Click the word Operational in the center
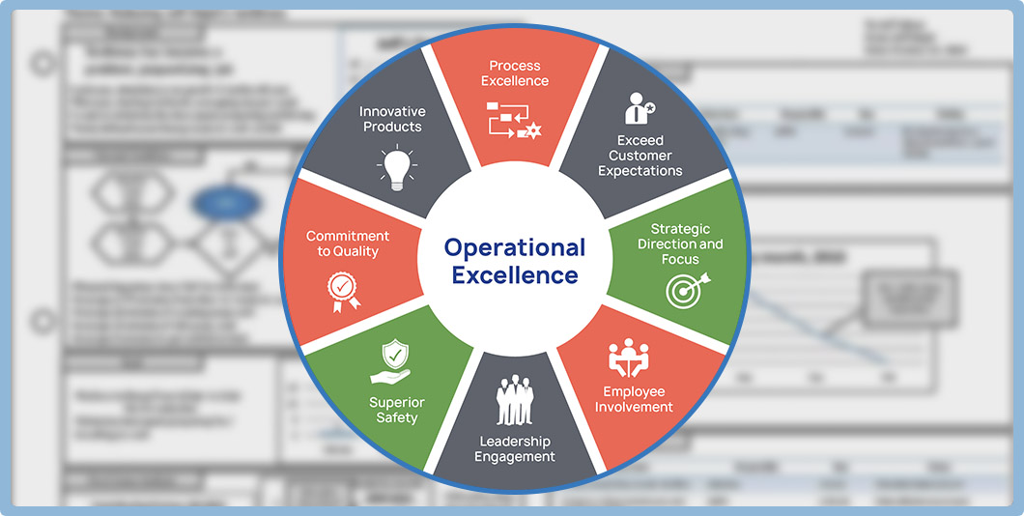(515, 247)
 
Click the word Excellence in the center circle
(515, 275)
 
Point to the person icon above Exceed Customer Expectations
(639, 108)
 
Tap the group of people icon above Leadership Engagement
(515, 399)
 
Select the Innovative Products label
(391, 119)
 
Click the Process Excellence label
(515, 73)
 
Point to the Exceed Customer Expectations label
(640, 156)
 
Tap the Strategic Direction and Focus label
(680, 244)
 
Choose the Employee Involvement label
(634, 399)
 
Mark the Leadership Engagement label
(515, 448)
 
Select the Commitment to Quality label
(348, 244)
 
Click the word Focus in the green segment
(680, 259)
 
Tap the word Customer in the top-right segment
(640, 156)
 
